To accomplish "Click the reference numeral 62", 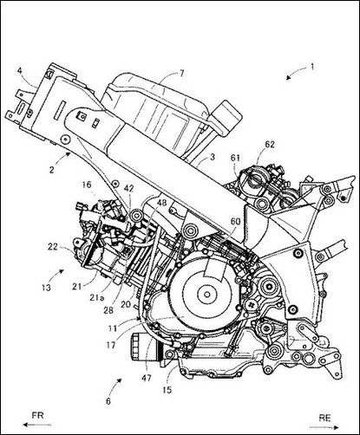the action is (x=269, y=145).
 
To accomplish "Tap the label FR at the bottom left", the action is (x=37, y=416).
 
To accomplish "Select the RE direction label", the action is (x=324, y=418).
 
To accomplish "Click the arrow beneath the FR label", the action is (x=37, y=425).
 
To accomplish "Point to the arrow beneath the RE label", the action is (x=324, y=427).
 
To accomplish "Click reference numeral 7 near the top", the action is (x=181, y=73).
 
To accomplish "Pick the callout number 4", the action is (x=19, y=70).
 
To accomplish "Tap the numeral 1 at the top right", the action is (x=312, y=67).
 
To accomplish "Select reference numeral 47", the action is (x=147, y=378).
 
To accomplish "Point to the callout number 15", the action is (x=167, y=390).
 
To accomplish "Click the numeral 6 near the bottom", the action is (x=108, y=401).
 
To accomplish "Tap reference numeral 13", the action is (x=46, y=288).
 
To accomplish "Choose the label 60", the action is (x=235, y=222).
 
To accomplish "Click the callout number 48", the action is (x=161, y=203).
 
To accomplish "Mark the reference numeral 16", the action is (x=87, y=185).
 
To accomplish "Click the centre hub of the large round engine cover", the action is (x=207, y=295).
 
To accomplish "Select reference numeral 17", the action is (x=111, y=345).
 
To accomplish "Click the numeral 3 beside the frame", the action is (x=213, y=158).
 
